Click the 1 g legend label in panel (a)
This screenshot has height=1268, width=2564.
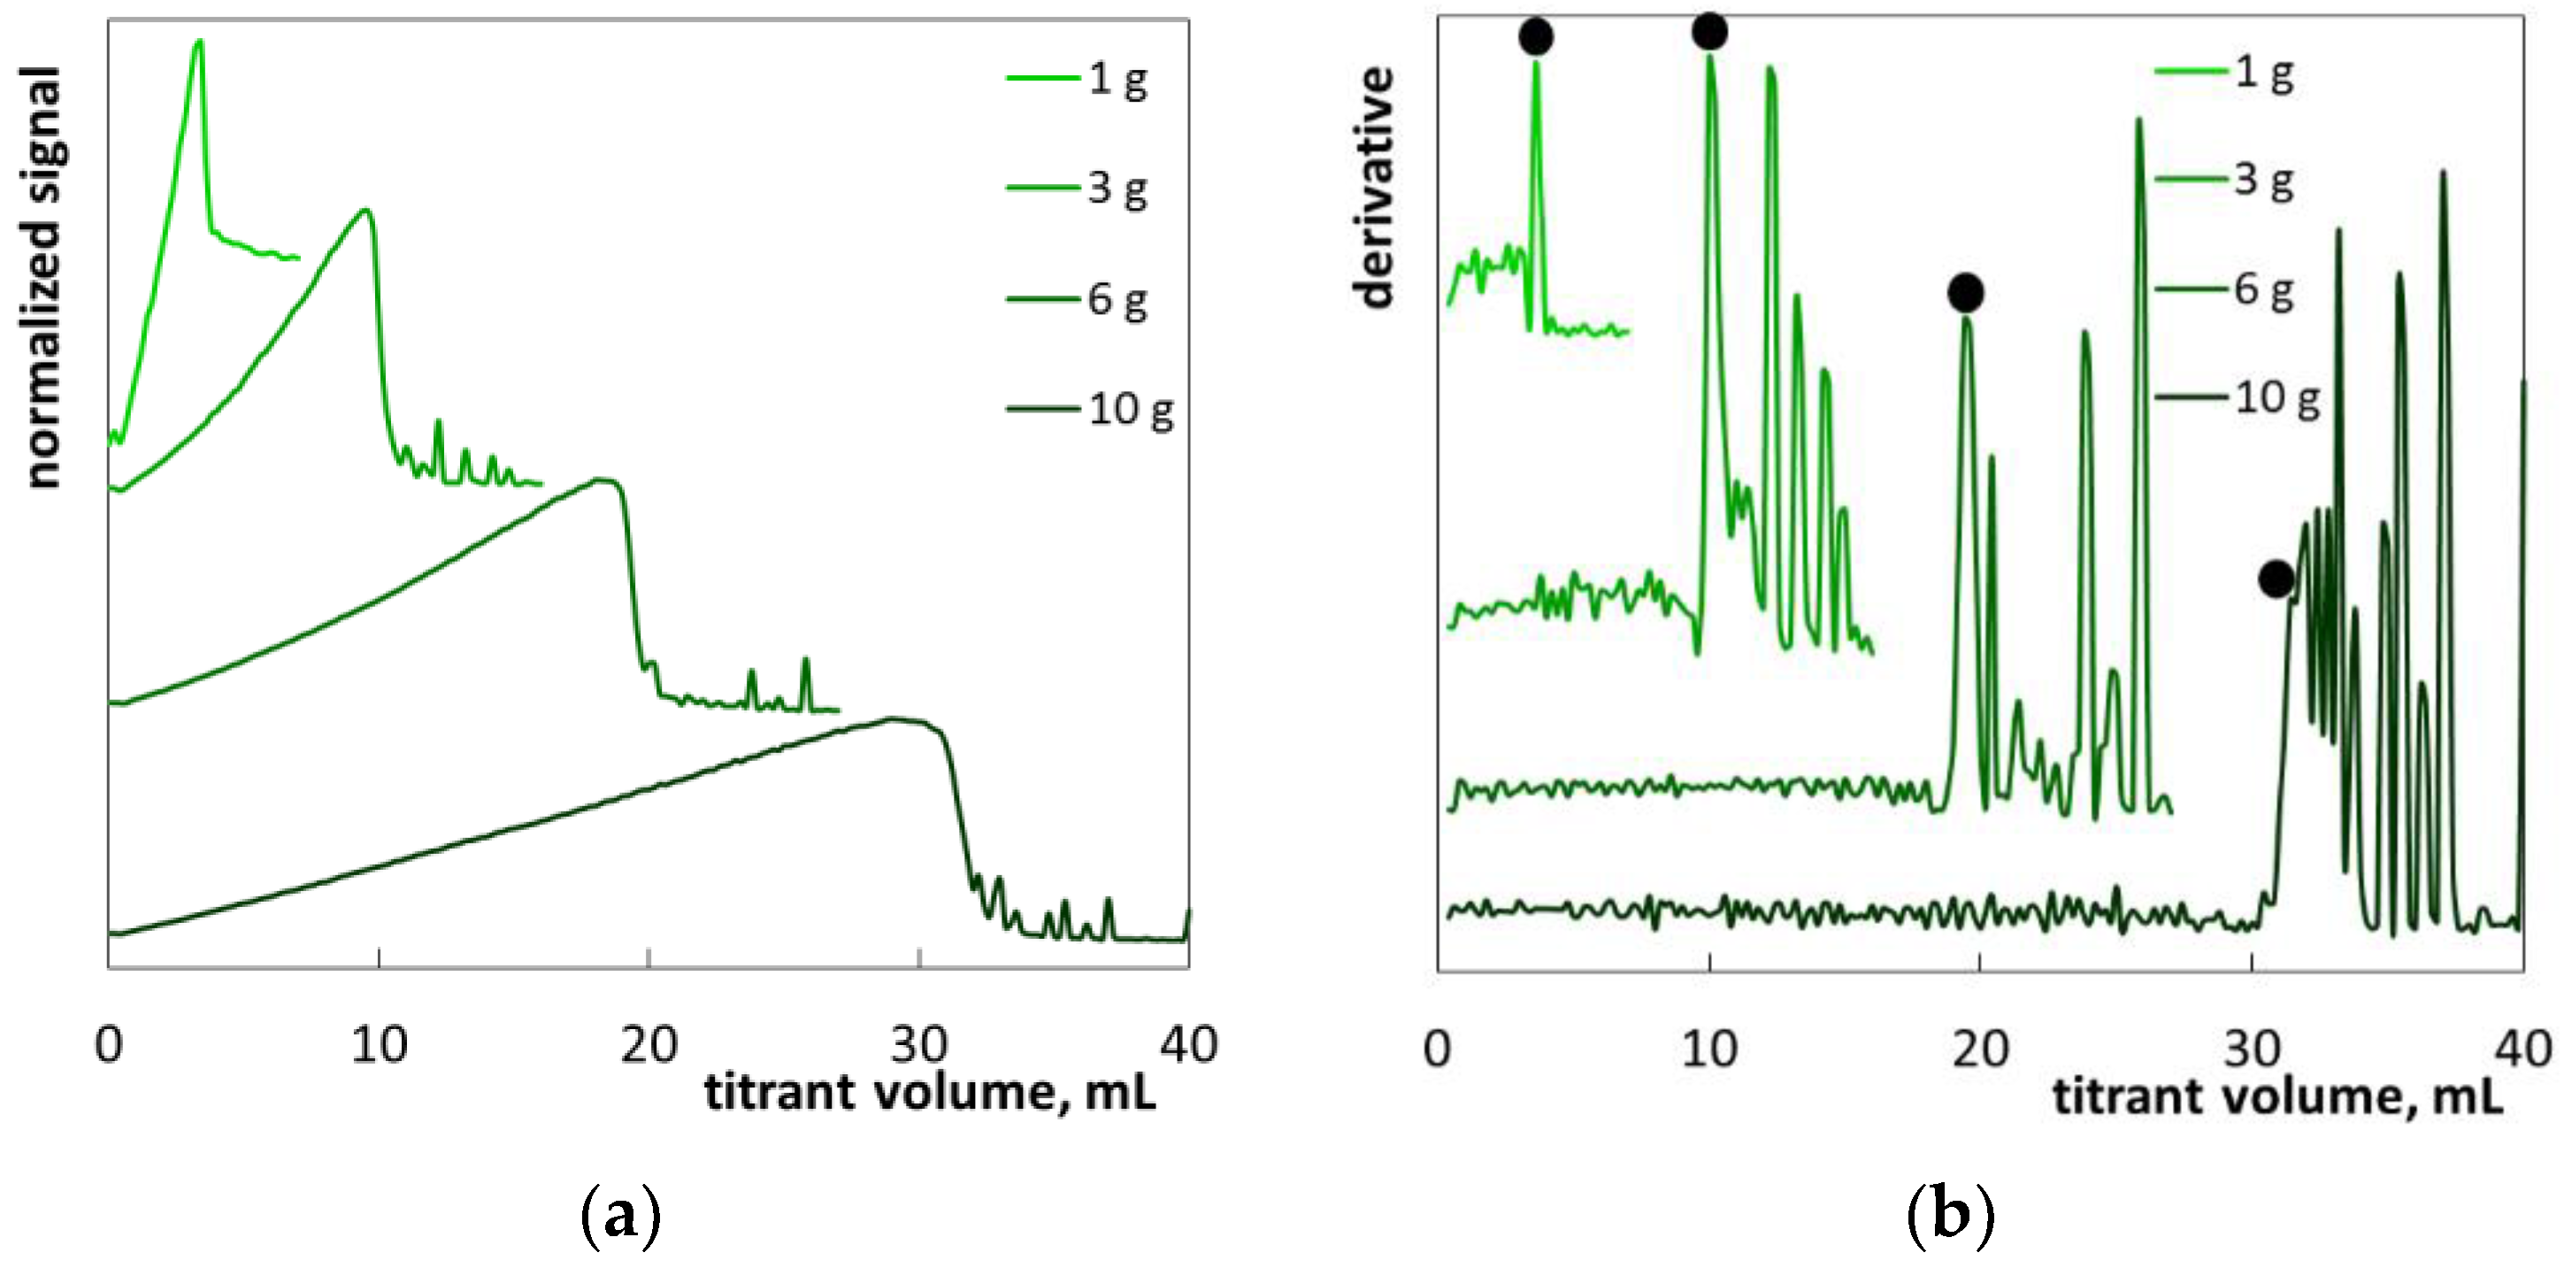coord(1117,79)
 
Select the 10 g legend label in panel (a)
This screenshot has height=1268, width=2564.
coord(1130,409)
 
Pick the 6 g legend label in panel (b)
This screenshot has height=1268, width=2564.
coord(2263,289)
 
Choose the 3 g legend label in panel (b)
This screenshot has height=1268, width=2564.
coord(2263,181)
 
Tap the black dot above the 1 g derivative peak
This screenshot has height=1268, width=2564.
coord(1536,37)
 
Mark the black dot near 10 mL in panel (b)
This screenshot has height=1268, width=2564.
coord(1709,32)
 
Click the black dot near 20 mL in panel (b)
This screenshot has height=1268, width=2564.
coord(1966,293)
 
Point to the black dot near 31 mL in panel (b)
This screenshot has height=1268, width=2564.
coord(2276,579)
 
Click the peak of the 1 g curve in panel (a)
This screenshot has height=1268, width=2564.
coord(198,42)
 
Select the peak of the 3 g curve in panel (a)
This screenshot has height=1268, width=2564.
coord(365,210)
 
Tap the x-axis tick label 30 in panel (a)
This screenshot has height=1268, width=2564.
coord(918,1045)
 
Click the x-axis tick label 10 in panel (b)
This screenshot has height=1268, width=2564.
coord(1709,1049)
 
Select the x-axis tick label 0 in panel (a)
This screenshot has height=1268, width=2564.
coord(109,1045)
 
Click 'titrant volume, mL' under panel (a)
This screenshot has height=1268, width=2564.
coord(930,1093)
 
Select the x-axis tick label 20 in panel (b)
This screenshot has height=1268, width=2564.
coord(1980,1049)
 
